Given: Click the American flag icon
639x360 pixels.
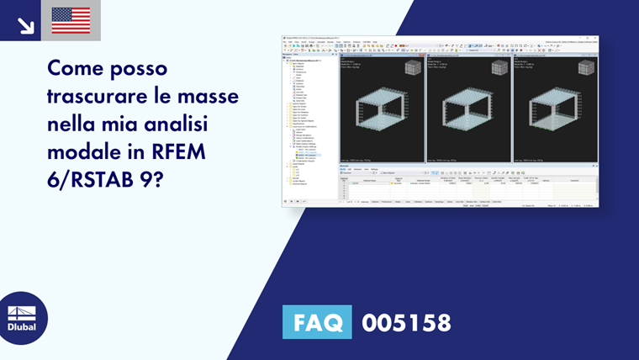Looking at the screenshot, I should [71, 20].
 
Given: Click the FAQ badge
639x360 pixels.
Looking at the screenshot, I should [317, 322].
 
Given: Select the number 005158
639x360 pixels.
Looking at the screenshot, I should [406, 322].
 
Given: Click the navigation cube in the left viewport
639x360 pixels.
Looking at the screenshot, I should [413, 68].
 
